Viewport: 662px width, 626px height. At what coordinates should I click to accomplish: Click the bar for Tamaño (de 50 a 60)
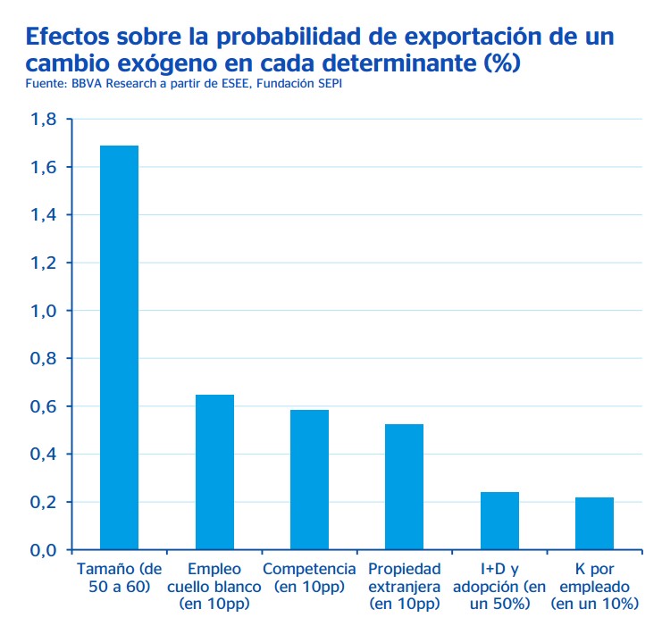click(120, 347)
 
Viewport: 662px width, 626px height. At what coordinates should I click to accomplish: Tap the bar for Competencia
click(309, 480)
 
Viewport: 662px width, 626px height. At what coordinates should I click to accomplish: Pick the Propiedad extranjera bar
click(404, 487)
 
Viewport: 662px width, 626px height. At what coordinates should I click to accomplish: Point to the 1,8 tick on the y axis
click(44, 120)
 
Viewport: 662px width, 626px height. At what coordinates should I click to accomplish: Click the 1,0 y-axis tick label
click(44, 311)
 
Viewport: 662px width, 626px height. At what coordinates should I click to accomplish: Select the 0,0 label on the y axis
click(44, 550)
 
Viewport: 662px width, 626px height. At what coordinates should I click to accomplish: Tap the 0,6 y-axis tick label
click(44, 406)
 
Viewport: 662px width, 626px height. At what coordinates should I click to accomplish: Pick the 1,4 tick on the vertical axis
click(44, 215)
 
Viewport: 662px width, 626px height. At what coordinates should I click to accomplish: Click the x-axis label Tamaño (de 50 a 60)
click(120, 578)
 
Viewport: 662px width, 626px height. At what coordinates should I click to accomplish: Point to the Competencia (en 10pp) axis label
click(309, 578)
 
